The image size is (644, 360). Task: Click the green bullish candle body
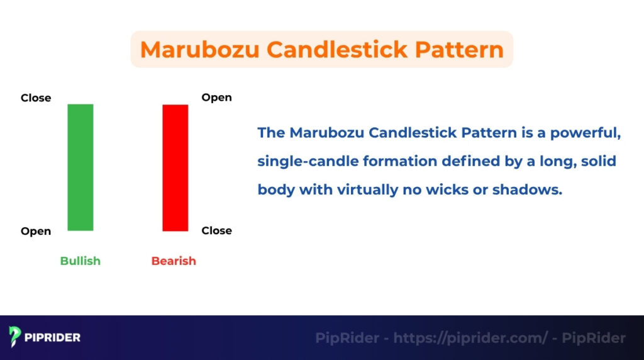click(80, 167)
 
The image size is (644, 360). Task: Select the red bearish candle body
click(175, 167)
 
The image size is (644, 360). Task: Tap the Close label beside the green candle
click(36, 98)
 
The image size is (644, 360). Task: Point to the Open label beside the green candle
click(36, 232)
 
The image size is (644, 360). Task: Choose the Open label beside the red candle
click(216, 98)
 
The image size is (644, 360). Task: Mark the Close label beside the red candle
click(216, 231)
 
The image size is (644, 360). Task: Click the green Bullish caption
click(80, 261)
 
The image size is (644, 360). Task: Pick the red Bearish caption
click(174, 261)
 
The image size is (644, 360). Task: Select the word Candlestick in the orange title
click(333, 50)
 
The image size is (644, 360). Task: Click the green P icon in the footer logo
click(15, 337)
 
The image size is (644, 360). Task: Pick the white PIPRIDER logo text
click(53, 338)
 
